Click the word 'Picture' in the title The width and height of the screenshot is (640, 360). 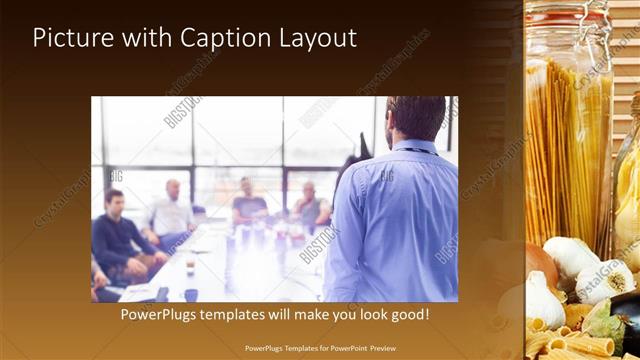[x=71, y=38]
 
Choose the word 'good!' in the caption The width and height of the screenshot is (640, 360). [x=407, y=314]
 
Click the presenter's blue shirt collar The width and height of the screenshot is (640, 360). [x=410, y=148]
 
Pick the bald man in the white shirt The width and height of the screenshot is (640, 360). [x=172, y=212]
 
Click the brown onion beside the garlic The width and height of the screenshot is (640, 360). [x=541, y=265]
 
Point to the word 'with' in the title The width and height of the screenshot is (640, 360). [x=146, y=38]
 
